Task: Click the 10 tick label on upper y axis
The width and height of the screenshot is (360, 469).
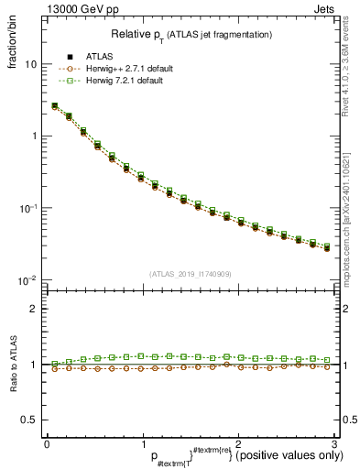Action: [x=30, y=65]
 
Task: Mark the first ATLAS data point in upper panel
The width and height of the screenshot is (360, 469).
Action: [x=54, y=106]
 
